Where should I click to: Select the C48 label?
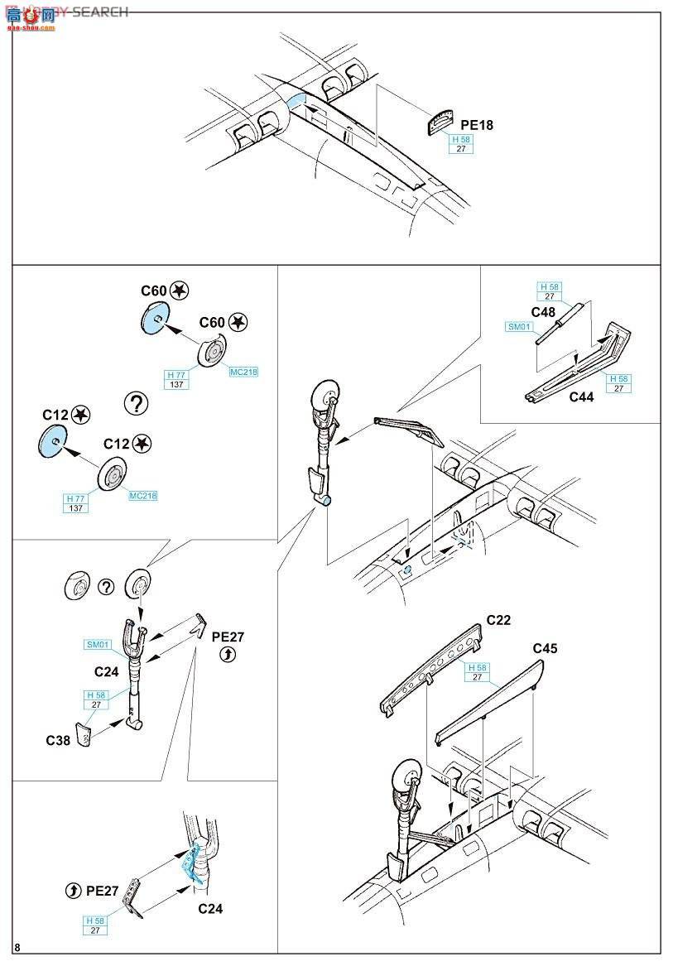click(x=543, y=312)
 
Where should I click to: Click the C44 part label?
click(x=581, y=396)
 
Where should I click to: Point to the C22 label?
click(x=498, y=619)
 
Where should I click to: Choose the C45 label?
click(x=545, y=648)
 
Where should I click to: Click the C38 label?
click(x=58, y=739)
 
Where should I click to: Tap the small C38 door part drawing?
click(x=84, y=733)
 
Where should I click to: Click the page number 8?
click(x=18, y=947)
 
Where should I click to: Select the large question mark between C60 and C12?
click(x=135, y=404)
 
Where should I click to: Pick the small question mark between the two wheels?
click(x=105, y=586)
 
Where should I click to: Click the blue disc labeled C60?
click(x=153, y=317)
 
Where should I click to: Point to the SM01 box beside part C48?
click(x=519, y=327)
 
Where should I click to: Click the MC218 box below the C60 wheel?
click(x=243, y=372)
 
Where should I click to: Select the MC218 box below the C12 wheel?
click(x=142, y=496)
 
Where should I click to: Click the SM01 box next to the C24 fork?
click(x=97, y=645)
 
